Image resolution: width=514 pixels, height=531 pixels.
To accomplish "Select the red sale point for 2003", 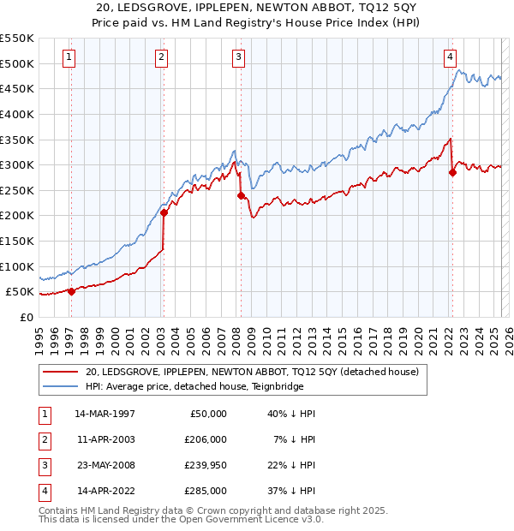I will tap(163, 213).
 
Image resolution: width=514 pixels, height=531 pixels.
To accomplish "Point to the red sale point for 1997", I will tap(71, 291).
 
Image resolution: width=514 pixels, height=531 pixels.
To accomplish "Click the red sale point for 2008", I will tap(241, 195).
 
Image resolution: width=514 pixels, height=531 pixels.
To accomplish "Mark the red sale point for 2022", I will tap(452, 173).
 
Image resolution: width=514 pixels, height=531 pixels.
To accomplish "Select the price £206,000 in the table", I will tap(206, 439).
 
